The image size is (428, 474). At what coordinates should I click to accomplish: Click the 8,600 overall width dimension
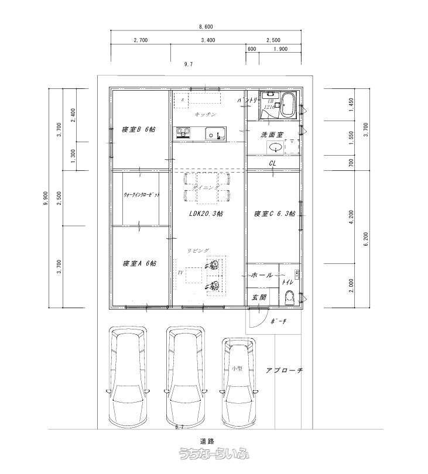pyautogui.click(x=205, y=27)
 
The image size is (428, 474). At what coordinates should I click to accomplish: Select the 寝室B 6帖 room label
pyautogui.click(x=139, y=129)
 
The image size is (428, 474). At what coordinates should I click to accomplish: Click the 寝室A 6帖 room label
pyautogui.click(x=139, y=263)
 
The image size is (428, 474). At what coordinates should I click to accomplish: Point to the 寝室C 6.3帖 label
pyautogui.click(x=273, y=214)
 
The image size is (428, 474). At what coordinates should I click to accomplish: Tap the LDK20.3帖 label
pyautogui.click(x=206, y=214)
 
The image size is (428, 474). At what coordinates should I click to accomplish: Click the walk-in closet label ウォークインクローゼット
pyautogui.click(x=141, y=195)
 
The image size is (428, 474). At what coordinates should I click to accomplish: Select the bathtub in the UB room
pyautogui.click(x=287, y=105)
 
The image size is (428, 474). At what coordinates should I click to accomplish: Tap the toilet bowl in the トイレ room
pyautogui.click(x=289, y=299)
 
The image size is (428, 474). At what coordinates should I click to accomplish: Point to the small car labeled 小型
pyautogui.click(x=238, y=375)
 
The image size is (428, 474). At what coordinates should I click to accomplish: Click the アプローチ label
pyautogui.click(x=283, y=370)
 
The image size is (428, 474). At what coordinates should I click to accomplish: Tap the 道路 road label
pyautogui.click(x=206, y=441)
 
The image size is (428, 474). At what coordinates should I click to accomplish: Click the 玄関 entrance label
pyautogui.click(x=259, y=298)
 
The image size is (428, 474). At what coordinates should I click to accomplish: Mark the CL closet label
pyautogui.click(x=273, y=163)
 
